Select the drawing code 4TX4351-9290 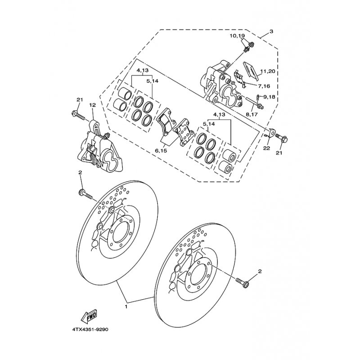tap(90, 329)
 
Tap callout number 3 tap(271, 31)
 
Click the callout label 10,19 tap(238, 36)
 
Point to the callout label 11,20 tap(267, 72)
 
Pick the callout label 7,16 tap(264, 86)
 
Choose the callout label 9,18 tap(269, 97)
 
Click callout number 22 tap(266, 148)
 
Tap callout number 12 tap(93, 105)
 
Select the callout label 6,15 tap(161, 151)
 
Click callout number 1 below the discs tap(126, 306)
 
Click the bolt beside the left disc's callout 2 tap(85, 194)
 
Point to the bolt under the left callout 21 tap(78, 116)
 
